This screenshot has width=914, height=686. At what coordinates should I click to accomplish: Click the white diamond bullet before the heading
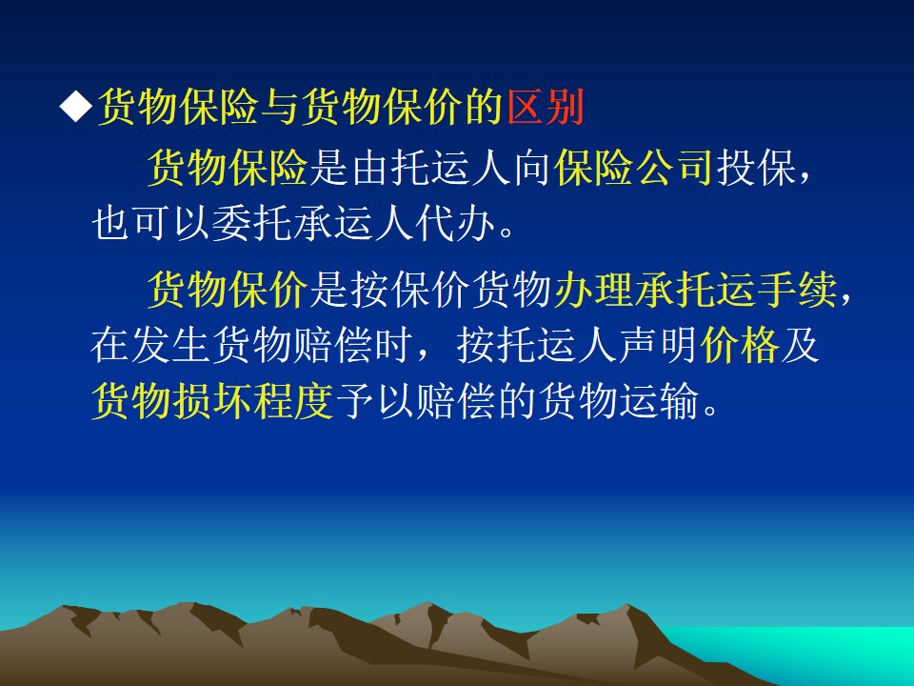pos(76,107)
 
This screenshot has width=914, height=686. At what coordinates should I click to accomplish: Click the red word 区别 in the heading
pos(546,107)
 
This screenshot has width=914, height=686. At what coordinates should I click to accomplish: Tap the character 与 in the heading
pos(280,107)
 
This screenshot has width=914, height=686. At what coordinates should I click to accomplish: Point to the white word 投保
pos(755,168)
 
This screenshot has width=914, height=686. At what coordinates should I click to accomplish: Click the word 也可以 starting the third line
pos(151,223)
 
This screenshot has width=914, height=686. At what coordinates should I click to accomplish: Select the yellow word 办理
pos(593,290)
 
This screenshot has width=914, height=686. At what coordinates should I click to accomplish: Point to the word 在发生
pos(151,345)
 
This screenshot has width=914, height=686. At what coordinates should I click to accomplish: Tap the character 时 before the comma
pos(391,345)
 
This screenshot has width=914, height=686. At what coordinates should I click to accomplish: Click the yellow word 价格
pos(739,345)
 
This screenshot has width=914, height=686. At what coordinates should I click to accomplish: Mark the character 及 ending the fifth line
pos(800,345)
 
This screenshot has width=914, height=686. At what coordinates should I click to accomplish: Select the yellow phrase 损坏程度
pos(251,401)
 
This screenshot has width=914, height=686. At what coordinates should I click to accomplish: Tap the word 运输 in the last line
pos(659,401)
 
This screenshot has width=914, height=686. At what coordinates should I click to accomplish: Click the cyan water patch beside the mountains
pos(816,654)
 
